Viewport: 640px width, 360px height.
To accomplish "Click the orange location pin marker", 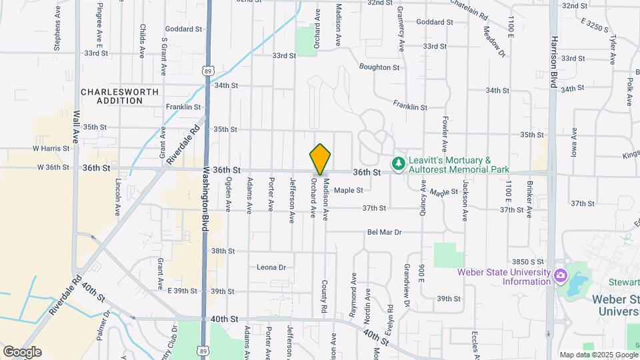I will [x=320, y=159].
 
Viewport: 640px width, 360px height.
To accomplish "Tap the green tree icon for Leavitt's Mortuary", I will [x=398, y=163].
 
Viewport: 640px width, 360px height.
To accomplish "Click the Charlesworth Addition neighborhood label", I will [x=111, y=96].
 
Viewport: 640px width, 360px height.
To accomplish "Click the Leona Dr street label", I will [x=271, y=267].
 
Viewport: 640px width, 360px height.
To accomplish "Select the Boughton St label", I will [x=379, y=67].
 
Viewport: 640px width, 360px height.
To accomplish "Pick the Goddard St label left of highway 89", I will [x=185, y=29].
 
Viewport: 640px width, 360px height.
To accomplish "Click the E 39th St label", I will [x=183, y=291].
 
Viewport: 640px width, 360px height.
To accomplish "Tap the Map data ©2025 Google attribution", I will [x=599, y=354].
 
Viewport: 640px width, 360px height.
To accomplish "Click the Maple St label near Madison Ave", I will [x=348, y=190].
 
